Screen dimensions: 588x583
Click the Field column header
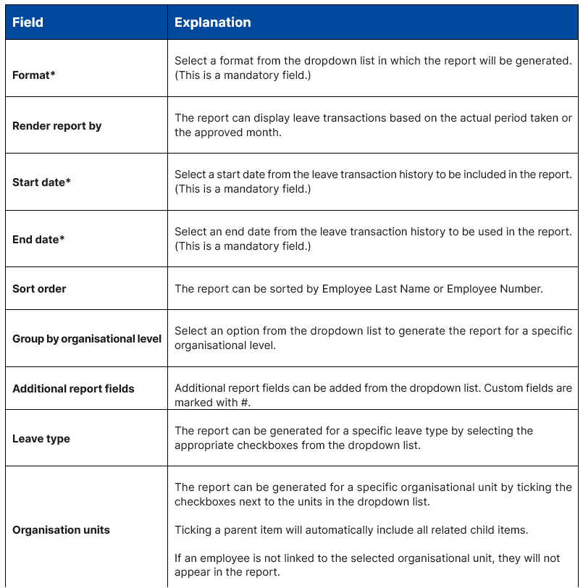pos(28,22)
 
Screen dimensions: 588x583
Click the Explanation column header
pos(212,22)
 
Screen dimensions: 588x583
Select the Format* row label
pos(34,75)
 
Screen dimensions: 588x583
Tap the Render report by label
pos(56,126)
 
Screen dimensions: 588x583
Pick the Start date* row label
pos(41,182)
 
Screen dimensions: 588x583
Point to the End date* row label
pos(38,239)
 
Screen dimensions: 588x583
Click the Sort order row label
pos(39,289)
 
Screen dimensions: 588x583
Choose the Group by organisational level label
pos(87,339)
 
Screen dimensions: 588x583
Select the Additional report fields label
pos(73,389)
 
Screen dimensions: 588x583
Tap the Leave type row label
pos(41,439)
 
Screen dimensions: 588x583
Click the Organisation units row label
pos(61,530)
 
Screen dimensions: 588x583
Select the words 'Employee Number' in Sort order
pos(493,289)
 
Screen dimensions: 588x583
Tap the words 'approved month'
pos(230,133)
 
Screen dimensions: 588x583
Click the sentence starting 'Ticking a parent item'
pos(351,530)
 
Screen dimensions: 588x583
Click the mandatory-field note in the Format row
pos(243,75)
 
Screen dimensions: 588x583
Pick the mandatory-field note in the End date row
pos(243,246)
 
